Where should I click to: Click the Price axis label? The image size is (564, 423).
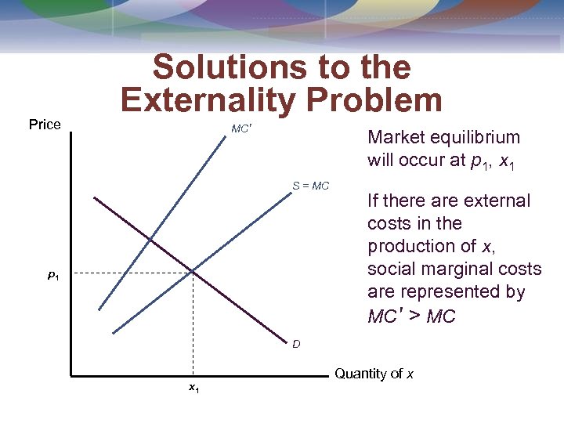click(x=45, y=125)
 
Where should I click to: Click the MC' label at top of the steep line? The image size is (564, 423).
click(x=240, y=128)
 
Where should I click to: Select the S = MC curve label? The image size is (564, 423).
click(x=311, y=186)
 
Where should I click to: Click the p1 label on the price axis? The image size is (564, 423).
click(x=52, y=275)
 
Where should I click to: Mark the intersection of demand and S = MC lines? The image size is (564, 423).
click(x=192, y=272)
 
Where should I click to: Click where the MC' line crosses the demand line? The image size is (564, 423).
click(x=150, y=238)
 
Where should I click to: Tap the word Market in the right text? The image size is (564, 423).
click(x=393, y=137)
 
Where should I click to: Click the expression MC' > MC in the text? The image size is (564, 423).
click(x=411, y=316)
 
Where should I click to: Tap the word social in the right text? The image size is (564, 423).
click(x=389, y=269)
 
